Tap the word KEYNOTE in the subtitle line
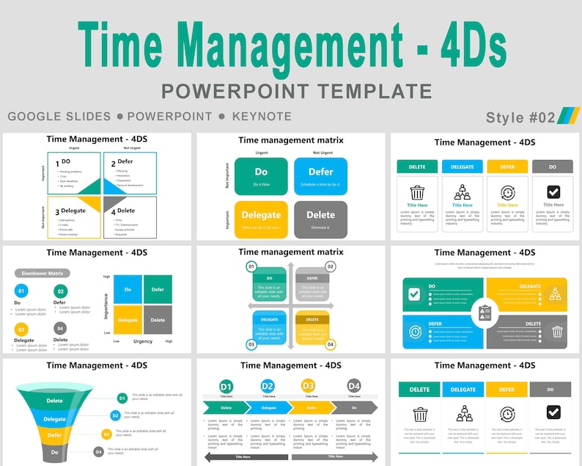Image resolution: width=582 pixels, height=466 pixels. point(262,116)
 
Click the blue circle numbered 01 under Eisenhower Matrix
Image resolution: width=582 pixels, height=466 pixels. point(21,291)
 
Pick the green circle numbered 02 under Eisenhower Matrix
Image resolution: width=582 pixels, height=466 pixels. point(60,291)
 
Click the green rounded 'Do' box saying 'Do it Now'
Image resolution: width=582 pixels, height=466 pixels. point(261,175)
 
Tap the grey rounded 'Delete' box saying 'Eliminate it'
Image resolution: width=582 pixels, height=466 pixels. point(320,219)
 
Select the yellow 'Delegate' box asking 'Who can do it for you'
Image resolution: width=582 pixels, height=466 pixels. point(261,219)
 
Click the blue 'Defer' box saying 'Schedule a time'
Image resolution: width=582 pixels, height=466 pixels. point(320,175)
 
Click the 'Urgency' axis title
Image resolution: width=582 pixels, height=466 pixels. point(143,341)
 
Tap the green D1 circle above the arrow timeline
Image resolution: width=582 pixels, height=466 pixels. point(226,386)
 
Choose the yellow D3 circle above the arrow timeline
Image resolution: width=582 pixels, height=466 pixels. point(309,386)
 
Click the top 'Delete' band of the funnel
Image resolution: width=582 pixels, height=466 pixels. point(54,401)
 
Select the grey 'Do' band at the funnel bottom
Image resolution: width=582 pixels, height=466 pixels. point(55,452)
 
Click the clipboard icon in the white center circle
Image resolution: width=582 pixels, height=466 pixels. point(485,313)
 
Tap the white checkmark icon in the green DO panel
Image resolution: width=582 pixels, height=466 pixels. point(414,294)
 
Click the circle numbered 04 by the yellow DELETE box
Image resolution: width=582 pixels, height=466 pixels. point(331,344)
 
